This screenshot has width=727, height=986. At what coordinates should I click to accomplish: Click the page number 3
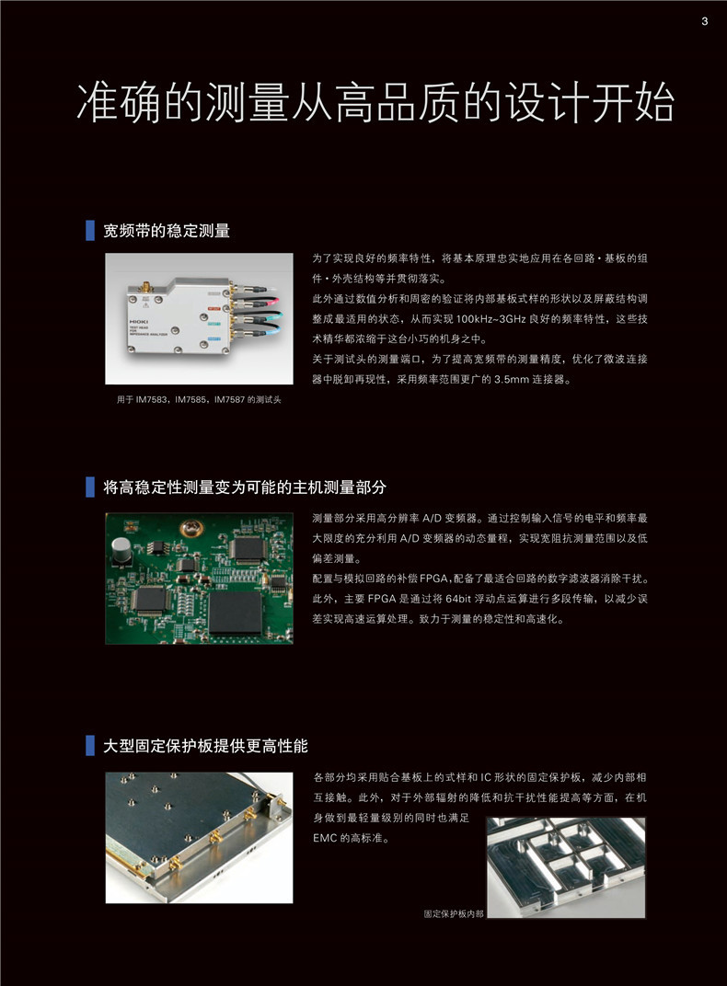point(704,22)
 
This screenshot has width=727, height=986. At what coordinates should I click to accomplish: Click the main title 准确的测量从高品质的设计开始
point(375,105)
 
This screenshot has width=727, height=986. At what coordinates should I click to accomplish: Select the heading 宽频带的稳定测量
point(167,231)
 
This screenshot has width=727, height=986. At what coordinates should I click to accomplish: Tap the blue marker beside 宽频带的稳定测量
point(90,231)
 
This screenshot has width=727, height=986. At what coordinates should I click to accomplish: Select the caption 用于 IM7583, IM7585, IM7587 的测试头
point(192,399)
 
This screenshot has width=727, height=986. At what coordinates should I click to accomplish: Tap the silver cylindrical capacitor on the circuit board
point(121,551)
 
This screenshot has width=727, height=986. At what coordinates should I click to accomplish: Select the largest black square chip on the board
point(237,610)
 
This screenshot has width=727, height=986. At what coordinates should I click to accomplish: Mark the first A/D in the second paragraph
point(421,519)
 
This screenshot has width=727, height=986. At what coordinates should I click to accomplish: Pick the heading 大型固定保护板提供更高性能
point(205,744)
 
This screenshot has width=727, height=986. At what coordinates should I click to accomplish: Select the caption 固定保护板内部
point(453,913)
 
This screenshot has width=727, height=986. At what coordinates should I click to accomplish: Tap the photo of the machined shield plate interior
point(566,866)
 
